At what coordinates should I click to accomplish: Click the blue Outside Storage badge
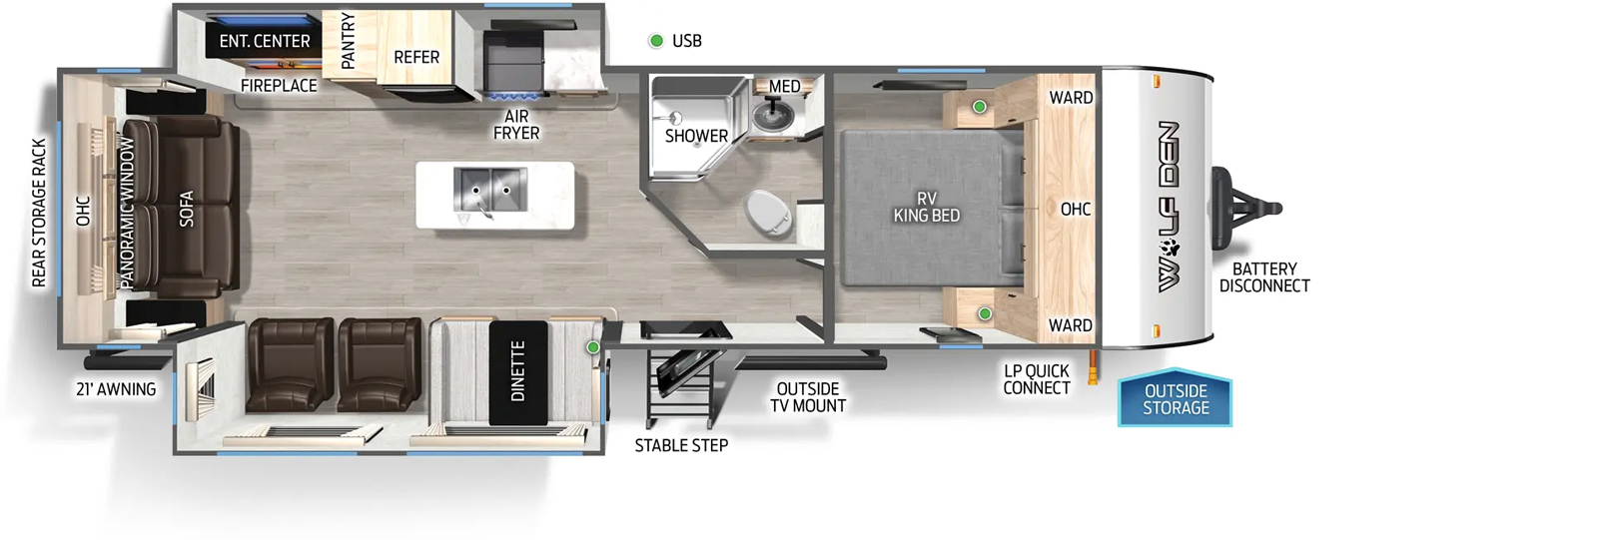(1175, 398)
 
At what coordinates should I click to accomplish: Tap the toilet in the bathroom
(768, 215)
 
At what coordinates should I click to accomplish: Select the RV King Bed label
(927, 207)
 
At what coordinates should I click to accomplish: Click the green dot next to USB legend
(656, 41)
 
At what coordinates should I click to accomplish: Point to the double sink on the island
(490, 190)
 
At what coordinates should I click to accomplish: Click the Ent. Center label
(265, 41)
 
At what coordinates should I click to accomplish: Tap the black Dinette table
(518, 371)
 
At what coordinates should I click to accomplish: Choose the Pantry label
(349, 41)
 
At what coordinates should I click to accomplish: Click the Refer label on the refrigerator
(416, 57)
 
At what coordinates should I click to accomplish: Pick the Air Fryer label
(516, 125)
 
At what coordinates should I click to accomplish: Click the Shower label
(696, 136)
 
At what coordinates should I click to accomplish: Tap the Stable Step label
(681, 446)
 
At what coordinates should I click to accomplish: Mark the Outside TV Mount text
(808, 397)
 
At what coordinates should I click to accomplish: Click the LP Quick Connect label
(1037, 379)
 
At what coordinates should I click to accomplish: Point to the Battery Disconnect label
(1264, 277)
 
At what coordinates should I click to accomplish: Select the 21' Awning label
(116, 389)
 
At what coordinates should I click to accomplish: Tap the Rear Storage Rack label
(39, 214)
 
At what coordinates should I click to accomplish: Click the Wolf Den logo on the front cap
(1169, 207)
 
